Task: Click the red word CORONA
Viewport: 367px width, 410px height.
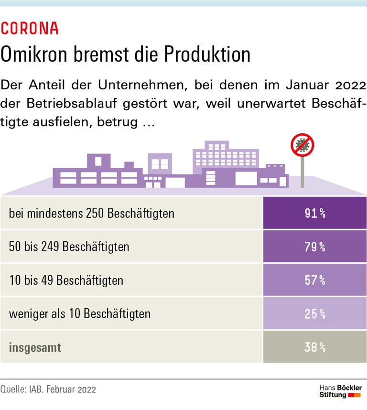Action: tap(30, 29)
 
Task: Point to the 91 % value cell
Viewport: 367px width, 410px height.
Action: tap(314, 213)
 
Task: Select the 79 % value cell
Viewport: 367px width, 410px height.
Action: tap(314, 247)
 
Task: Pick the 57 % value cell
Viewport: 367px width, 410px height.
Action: tap(314, 280)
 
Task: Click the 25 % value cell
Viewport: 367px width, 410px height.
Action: tap(314, 313)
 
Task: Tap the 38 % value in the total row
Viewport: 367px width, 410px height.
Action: tap(314, 347)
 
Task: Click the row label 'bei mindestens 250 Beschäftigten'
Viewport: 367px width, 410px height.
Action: tap(91, 213)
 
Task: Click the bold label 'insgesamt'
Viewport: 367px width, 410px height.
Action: tap(35, 347)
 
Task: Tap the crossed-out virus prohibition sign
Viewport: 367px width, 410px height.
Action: tap(302, 145)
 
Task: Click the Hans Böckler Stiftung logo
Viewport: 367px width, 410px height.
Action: tap(340, 391)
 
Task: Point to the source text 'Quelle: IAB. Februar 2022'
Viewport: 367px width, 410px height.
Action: tap(48, 389)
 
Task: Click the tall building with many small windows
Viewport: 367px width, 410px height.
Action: tap(225, 158)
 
